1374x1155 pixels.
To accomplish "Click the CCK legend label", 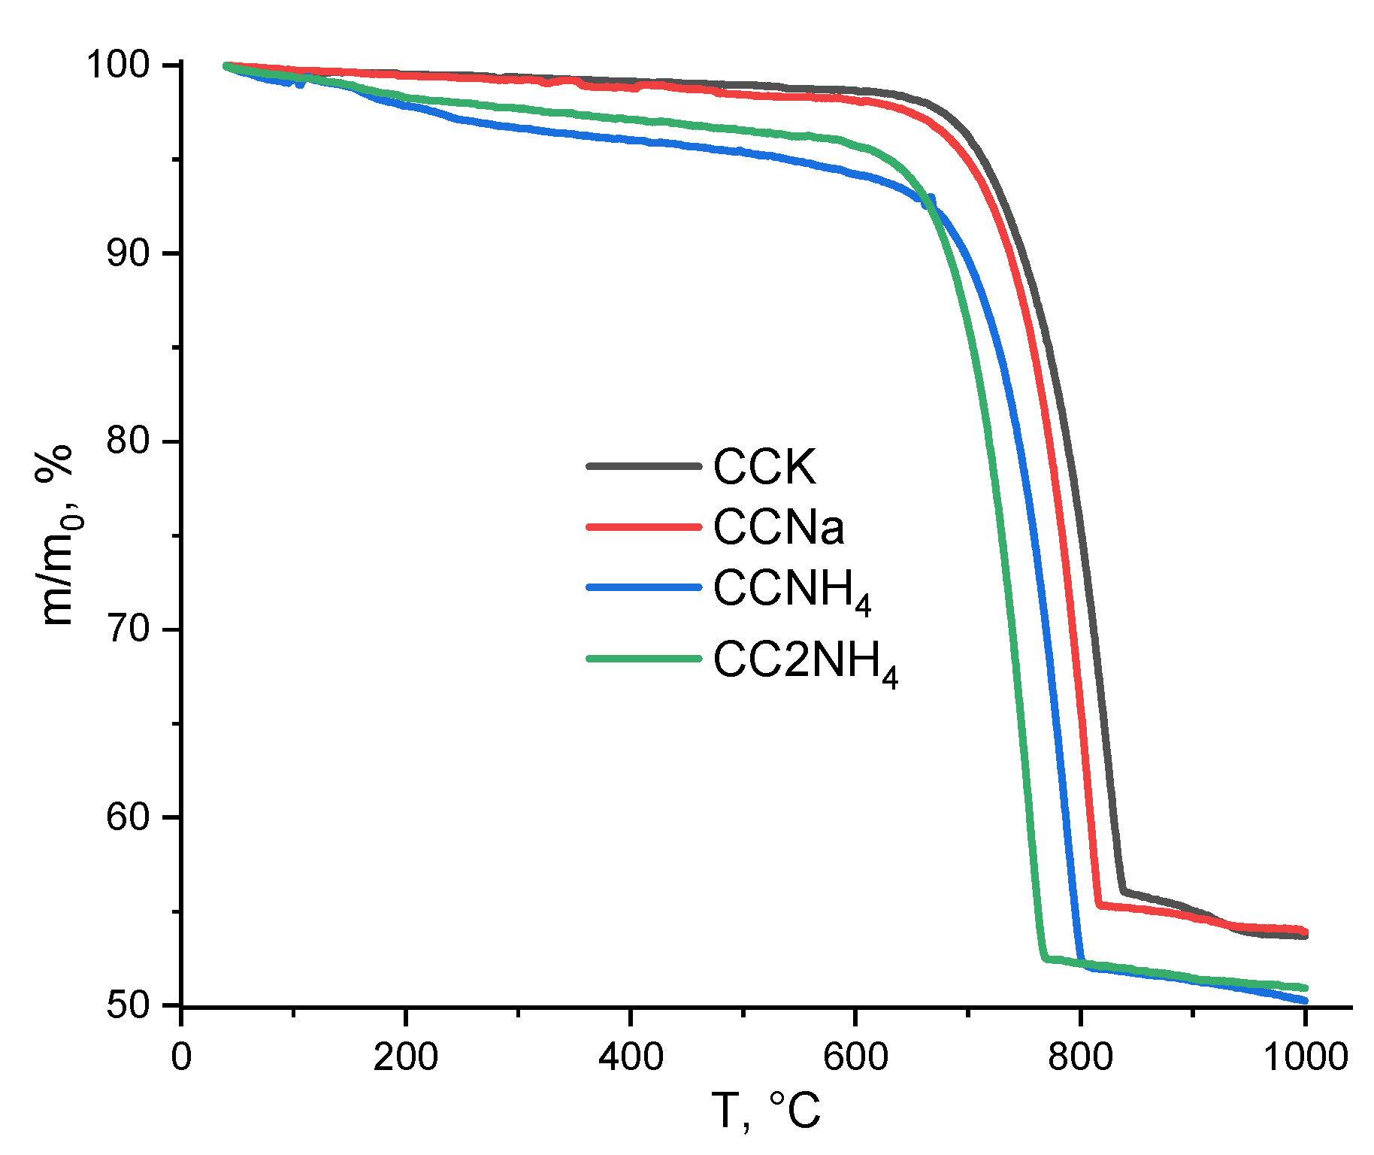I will click(764, 467).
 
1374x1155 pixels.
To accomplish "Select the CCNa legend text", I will click(779, 527).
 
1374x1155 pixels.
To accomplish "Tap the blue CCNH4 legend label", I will click(791, 590).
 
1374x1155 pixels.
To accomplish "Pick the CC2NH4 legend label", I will click(805, 662).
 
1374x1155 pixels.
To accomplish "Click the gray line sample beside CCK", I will click(643, 466).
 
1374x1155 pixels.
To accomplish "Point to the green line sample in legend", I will click(643, 659).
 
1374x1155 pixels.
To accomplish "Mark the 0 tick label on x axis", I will click(181, 1056).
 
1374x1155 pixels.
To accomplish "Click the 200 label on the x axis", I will click(406, 1056).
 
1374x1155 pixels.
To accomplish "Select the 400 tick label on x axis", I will click(631, 1056).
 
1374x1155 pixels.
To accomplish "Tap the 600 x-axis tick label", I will click(855, 1056).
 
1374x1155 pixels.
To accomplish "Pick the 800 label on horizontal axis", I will click(1080, 1056).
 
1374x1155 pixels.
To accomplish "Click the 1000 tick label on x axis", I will click(1305, 1056).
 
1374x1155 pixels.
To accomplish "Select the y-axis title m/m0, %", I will click(56, 535).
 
